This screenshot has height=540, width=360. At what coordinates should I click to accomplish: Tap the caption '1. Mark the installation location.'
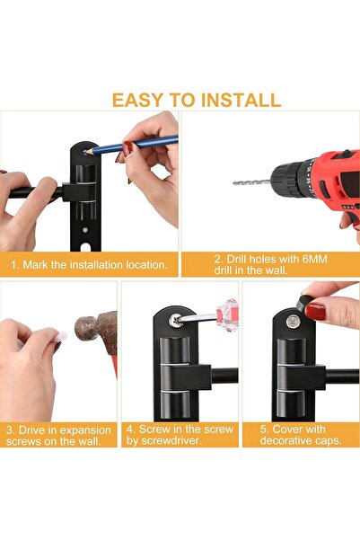point(89,265)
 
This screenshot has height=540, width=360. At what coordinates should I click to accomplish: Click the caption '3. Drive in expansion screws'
point(58,435)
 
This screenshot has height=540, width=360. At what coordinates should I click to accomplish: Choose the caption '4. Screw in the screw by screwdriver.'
point(179,435)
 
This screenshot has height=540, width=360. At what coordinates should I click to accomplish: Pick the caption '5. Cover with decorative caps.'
point(301,435)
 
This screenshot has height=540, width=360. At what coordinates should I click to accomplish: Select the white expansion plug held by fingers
point(61,336)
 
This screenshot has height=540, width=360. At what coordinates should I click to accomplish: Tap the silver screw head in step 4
point(177,321)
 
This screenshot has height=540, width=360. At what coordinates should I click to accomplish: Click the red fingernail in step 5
point(316,312)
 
